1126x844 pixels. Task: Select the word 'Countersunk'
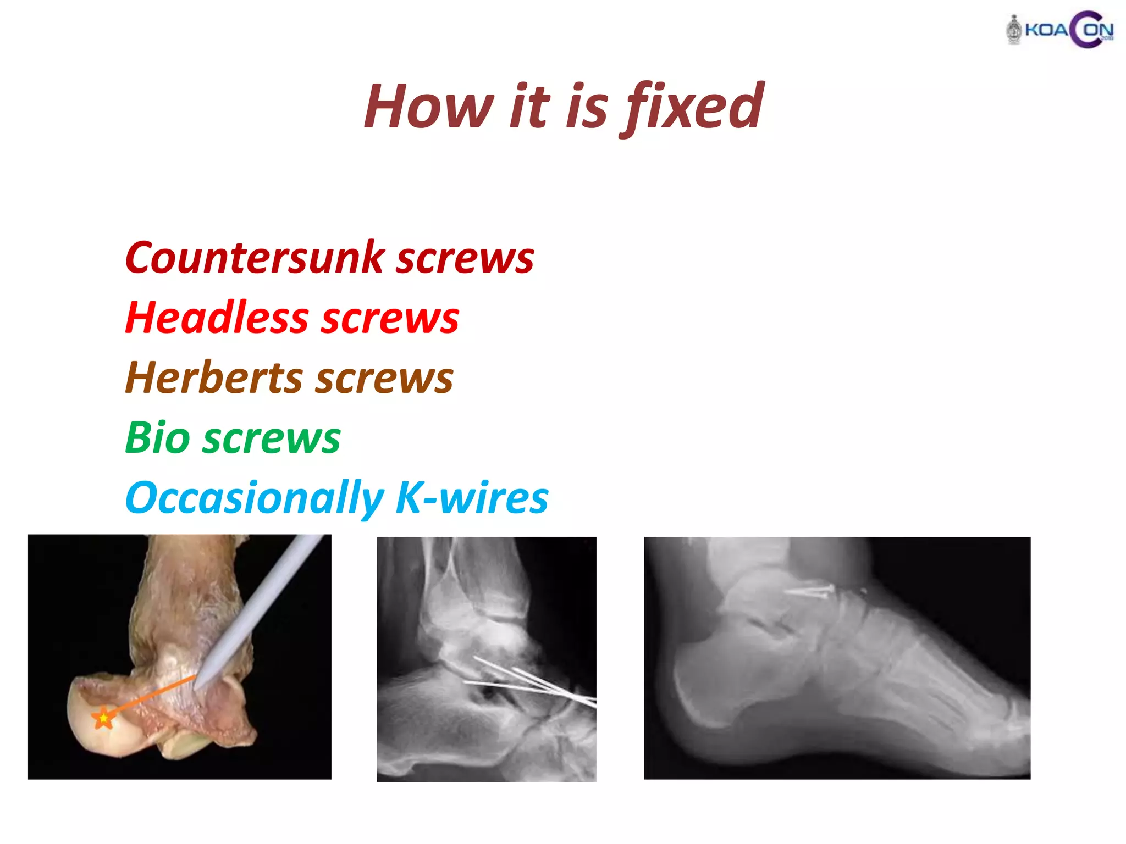[x=255, y=258]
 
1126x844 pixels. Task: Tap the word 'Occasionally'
[x=254, y=498]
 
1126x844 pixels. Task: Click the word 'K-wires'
[x=472, y=498]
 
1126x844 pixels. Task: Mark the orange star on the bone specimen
[x=103, y=718]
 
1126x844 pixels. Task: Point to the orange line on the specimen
[x=148, y=696]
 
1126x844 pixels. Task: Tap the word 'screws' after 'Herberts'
[x=384, y=379]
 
